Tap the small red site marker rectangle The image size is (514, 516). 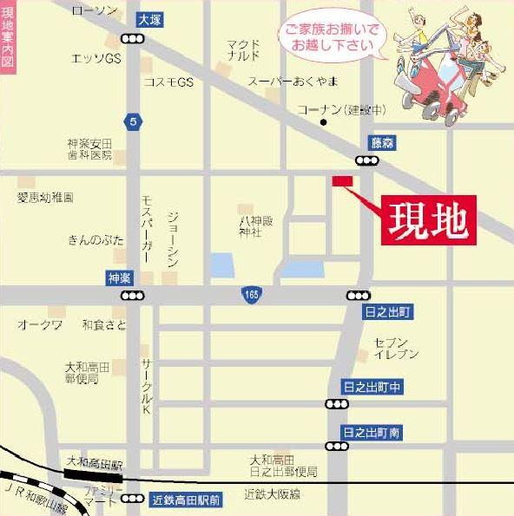pos(342,180)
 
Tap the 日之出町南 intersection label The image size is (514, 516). pos(372,432)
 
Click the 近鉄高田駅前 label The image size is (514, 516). pos(186,500)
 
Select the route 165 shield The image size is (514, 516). pos(250,296)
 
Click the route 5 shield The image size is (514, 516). pos(132,121)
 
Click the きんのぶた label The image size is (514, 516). pos(95,238)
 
